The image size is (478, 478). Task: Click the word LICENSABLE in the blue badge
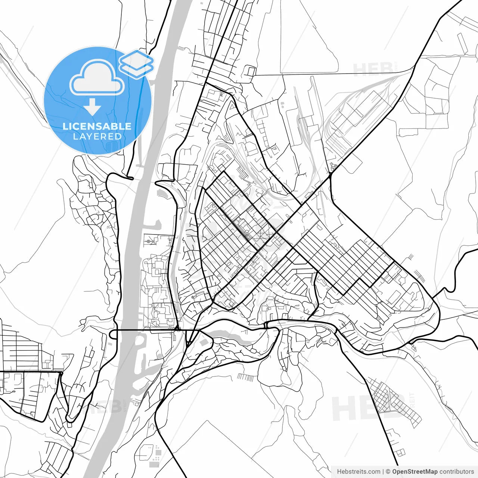[97, 126]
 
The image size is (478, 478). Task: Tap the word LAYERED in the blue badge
[97, 137]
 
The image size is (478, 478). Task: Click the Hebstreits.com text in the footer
[358, 472]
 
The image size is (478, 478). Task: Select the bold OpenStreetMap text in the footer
[415, 472]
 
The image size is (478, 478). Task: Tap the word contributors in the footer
[457, 472]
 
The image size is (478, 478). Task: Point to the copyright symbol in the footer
[388, 472]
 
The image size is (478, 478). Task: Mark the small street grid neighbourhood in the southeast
[392, 401]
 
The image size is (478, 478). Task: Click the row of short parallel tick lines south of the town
[245, 377]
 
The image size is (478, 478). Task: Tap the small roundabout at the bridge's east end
[178, 329]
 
